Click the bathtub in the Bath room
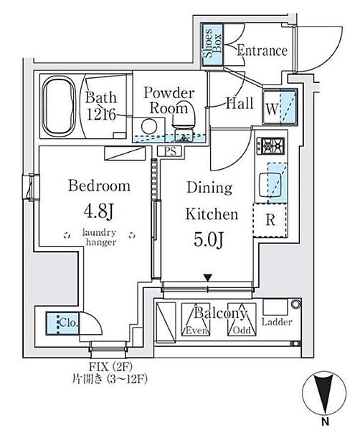pos(59,106)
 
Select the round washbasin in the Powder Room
pos(149,126)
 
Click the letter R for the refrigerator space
pos(270,220)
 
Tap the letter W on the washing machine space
pos(272,109)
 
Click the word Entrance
pos(262,50)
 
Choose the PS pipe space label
pos(170,151)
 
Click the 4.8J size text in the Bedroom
pos(98,211)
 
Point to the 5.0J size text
pos(209,239)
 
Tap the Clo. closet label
pos(69,322)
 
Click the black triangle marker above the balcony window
pos(208,278)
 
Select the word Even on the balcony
pos(196,330)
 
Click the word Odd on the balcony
pos(242,330)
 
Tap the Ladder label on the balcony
pos(277,322)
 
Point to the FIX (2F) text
pos(110,366)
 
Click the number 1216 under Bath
pos(100,115)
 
